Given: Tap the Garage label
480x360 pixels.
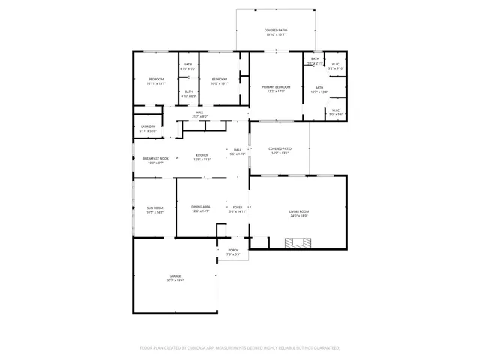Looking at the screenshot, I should (175, 277).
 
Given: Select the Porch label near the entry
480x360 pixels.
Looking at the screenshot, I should (233, 251).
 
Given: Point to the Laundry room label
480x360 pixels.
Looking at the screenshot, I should (148, 127).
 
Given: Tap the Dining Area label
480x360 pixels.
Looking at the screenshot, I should (200, 207).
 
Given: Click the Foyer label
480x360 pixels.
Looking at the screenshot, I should (237, 207).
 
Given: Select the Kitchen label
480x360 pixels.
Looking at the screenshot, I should (202, 155).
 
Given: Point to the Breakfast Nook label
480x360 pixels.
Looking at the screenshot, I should (156, 158).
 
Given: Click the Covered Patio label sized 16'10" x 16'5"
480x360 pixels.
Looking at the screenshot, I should (276, 30).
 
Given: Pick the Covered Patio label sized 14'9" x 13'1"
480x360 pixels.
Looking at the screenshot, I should (280, 149).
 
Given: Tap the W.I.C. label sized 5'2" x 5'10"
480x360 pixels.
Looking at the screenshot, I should (337, 64).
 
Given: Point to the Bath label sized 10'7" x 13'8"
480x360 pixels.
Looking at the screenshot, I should (319, 88).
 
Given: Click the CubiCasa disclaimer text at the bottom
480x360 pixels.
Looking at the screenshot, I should (240, 348).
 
